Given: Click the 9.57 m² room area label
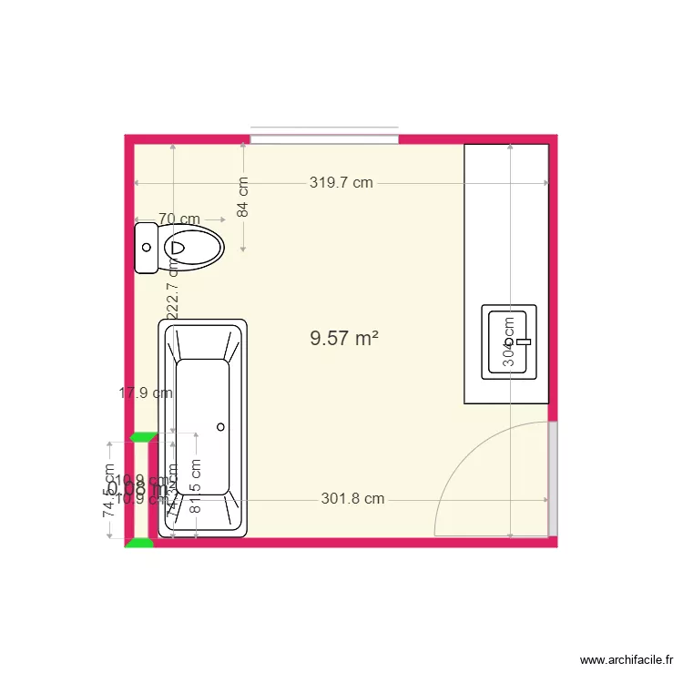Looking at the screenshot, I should tap(343, 339).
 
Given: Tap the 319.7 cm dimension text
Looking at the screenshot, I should tap(341, 182).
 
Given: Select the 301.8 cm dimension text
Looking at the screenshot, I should tap(352, 499).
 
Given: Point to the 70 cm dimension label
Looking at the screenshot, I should tap(179, 219).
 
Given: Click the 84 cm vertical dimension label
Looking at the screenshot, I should tap(243, 197).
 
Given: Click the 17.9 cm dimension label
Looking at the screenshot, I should tap(146, 393).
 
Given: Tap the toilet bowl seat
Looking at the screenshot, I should tap(194, 247).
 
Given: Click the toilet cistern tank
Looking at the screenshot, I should tap(146, 247).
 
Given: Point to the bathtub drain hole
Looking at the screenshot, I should tap(220, 426).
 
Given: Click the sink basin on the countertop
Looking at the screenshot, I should tap(509, 341).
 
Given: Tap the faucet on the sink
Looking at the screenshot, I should tap(523, 341).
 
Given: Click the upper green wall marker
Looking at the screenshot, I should tap(141, 437).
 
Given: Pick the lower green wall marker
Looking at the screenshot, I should tap(139, 543).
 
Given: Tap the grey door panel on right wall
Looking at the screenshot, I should tap(552, 478).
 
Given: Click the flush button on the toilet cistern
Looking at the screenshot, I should tap(146, 247).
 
